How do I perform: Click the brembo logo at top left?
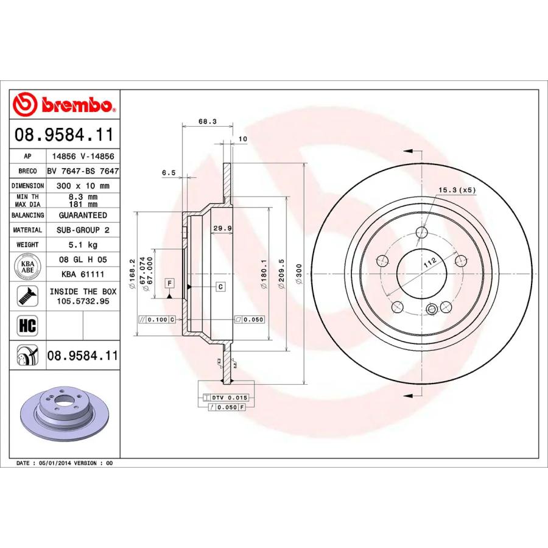click(64, 105)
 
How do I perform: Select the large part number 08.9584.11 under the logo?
click(64, 135)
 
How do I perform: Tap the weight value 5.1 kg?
click(83, 245)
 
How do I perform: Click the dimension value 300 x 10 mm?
click(83, 186)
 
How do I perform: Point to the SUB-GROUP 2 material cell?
click(83, 230)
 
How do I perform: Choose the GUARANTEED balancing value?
click(83, 216)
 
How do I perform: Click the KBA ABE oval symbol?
click(27, 265)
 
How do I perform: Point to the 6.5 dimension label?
click(169, 173)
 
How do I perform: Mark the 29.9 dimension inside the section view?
click(219, 228)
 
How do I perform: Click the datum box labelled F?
click(169, 283)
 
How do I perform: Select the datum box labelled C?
click(220, 286)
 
